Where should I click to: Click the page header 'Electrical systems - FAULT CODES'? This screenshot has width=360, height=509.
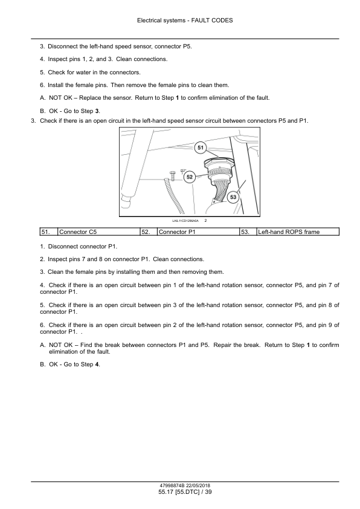[x=185, y=21]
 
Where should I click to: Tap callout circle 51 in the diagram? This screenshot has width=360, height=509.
[x=201, y=148]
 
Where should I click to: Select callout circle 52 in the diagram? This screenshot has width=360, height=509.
[x=190, y=177]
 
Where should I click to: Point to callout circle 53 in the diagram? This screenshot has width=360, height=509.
[x=233, y=197]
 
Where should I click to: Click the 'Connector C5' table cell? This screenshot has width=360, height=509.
[x=98, y=232]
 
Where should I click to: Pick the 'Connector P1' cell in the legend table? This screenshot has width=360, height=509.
[x=198, y=232]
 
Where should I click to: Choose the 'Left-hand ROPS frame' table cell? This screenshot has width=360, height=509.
[x=298, y=232]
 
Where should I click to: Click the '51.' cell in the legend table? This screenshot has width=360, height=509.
[x=49, y=232]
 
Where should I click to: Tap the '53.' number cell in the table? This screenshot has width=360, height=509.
[x=248, y=232]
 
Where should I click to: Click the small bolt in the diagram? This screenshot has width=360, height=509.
[x=172, y=175]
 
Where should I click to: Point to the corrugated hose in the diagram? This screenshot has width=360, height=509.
[x=173, y=194]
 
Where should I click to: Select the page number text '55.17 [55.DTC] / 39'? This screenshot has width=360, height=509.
[x=185, y=492]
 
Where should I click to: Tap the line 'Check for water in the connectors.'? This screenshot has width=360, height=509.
[x=94, y=73]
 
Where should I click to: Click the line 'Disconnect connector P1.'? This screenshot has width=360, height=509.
[x=82, y=247]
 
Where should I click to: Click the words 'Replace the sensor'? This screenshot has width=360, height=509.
[x=106, y=98]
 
